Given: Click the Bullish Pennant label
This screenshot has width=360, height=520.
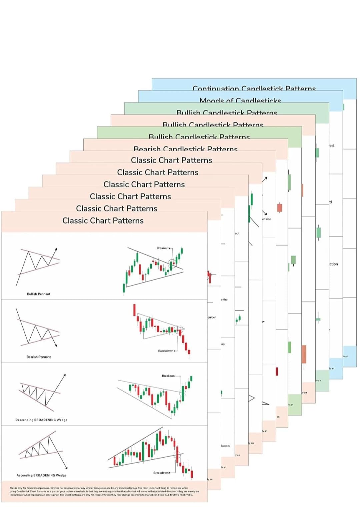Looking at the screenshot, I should (39, 294).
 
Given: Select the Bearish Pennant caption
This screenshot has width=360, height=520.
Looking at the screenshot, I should (39, 357).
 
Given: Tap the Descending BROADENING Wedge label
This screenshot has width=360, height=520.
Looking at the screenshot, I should (41, 420).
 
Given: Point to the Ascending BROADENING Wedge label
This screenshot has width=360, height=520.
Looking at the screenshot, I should (42, 475).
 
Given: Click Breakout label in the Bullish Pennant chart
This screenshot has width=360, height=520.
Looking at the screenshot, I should (163, 248).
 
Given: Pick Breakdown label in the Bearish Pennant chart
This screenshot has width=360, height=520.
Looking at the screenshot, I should (166, 351).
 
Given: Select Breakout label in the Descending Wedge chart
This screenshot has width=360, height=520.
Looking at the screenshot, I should (168, 376).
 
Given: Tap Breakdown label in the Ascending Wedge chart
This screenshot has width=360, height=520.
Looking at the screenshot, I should (161, 473).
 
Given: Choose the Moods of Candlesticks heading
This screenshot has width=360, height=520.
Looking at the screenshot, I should (240, 100).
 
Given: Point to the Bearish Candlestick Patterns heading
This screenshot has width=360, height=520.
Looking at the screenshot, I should (185, 149).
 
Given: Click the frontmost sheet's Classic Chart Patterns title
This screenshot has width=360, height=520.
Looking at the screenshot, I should (103, 221).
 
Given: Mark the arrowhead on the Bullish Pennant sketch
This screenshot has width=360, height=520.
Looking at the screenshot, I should (56, 249).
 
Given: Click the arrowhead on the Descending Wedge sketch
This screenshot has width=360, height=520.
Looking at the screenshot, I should (64, 375).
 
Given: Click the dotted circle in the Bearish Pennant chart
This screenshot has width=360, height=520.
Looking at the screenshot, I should (180, 328).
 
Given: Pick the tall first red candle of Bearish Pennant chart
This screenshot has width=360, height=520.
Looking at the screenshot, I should (134, 310).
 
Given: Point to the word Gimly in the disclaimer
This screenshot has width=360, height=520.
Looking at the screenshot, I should (54, 488).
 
